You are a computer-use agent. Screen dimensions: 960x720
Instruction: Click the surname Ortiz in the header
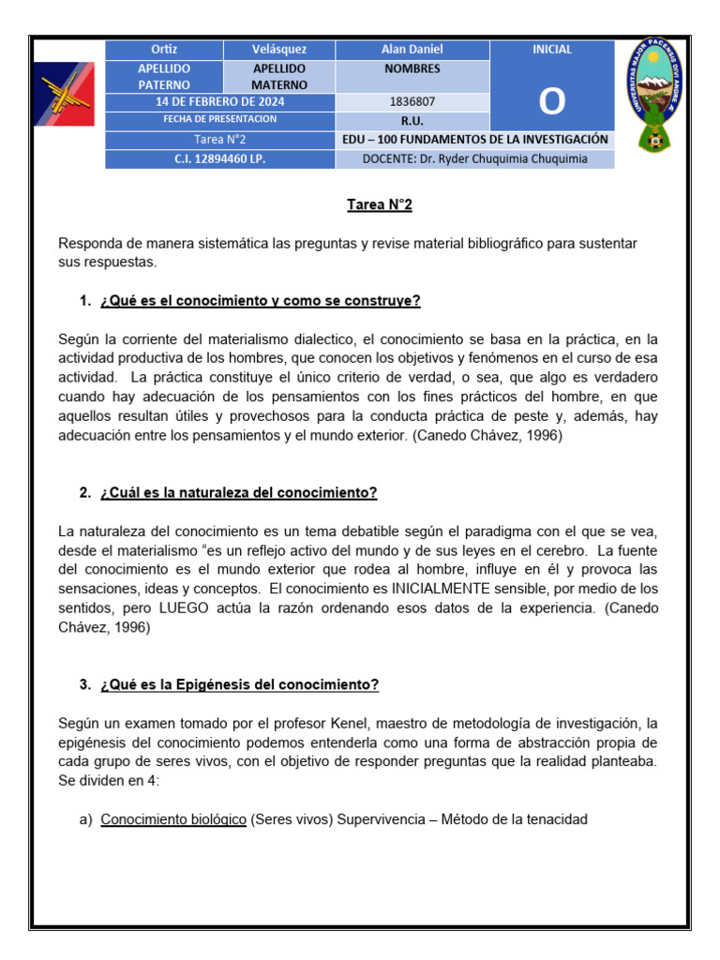(164, 50)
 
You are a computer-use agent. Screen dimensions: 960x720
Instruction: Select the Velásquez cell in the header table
(278, 50)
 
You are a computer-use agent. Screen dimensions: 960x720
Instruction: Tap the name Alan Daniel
(412, 50)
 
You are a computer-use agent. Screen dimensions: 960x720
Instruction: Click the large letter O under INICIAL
(552, 102)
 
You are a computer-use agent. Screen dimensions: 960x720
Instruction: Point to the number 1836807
(412, 101)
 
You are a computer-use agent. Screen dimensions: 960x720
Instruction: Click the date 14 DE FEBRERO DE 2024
(219, 101)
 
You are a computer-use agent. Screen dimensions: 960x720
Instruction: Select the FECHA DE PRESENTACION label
(219, 119)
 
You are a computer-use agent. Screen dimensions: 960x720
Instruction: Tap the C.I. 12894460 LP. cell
(219, 158)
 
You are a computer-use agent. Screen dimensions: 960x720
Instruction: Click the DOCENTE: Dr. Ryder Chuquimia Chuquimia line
(475, 158)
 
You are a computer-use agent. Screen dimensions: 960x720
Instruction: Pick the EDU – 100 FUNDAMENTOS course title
(475, 140)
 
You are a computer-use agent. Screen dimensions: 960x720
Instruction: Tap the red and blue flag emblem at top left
(63, 94)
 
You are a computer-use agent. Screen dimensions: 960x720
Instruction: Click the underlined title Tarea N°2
(379, 204)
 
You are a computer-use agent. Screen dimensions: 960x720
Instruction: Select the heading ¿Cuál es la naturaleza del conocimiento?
(238, 492)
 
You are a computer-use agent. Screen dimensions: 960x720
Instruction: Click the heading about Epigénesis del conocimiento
(239, 684)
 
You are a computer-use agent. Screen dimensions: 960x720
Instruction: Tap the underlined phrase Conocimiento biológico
(173, 819)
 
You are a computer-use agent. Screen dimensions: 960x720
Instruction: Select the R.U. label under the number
(412, 121)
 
